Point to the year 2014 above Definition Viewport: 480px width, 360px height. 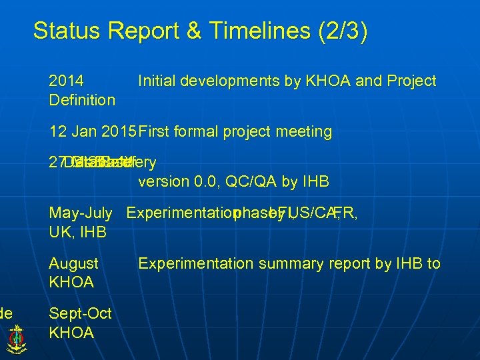coord(66,81)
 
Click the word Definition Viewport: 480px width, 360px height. coord(82,100)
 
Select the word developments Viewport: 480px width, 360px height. coord(231,81)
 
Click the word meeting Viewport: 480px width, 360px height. coord(304,132)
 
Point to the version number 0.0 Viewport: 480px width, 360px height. coord(207,182)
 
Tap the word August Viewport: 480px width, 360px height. coord(73,264)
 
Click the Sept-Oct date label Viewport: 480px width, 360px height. coord(80,314)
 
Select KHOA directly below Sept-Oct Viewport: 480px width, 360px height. coord(71,333)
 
